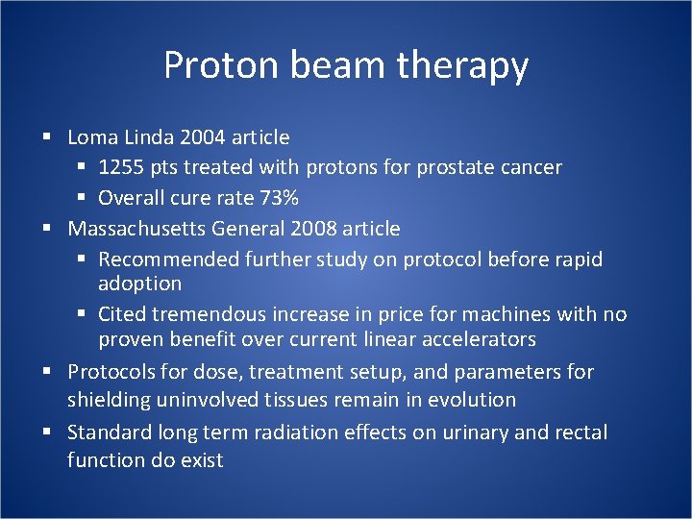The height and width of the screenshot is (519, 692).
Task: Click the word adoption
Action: [x=139, y=284]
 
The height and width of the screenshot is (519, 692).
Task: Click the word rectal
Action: [x=581, y=432]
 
